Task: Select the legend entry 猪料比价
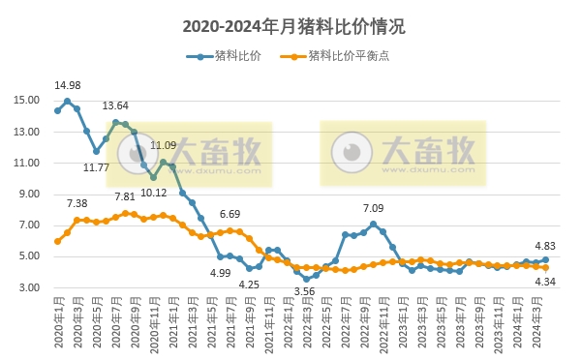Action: point(224,56)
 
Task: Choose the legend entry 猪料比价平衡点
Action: point(335,56)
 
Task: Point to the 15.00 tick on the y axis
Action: point(27,101)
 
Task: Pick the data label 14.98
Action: point(67,85)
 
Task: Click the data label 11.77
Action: point(96,167)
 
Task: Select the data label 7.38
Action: point(77,203)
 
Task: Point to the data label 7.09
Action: point(373,208)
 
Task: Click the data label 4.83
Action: point(545,246)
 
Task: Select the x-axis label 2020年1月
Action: point(58,319)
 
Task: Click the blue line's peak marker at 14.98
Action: point(67,101)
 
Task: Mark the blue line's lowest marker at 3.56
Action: point(306,279)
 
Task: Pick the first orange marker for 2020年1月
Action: point(57,241)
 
